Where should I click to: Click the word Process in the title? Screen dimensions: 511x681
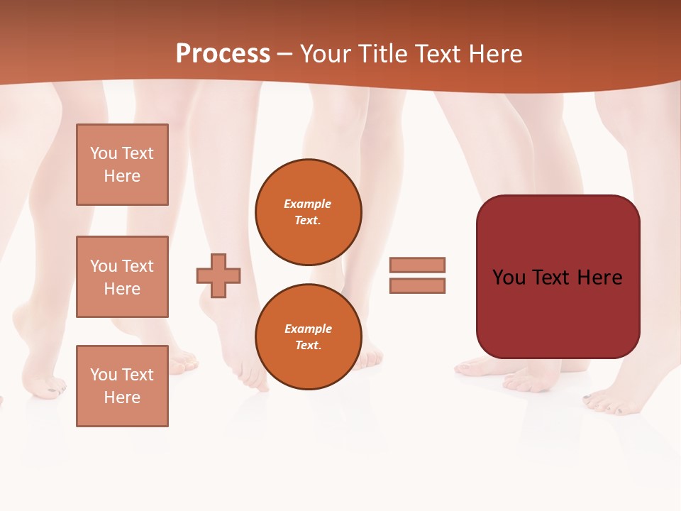[223, 54]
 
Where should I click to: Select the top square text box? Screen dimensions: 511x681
[122, 165]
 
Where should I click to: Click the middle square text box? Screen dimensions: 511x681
[122, 277]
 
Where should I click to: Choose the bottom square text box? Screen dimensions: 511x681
[122, 386]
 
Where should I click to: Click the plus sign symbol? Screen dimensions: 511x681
[218, 275]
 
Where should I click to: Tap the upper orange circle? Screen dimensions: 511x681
[308, 212]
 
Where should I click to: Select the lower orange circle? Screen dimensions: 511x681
[308, 337]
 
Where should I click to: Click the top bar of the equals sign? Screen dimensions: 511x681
[417, 265]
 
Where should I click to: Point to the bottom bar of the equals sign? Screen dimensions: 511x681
[417, 286]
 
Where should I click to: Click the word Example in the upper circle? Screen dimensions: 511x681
[307, 204]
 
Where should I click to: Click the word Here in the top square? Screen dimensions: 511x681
[122, 176]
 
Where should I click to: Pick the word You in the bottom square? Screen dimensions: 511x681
[103, 375]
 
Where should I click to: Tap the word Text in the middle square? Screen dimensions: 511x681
[138, 266]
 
